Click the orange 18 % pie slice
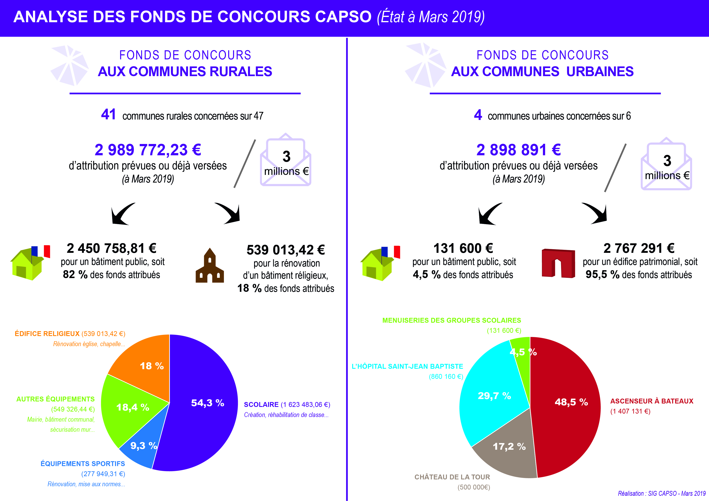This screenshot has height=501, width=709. point(145,364)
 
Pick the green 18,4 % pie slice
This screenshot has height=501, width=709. point(130,407)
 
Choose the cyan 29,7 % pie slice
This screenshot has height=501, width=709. point(491,395)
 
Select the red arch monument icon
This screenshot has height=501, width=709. point(558,263)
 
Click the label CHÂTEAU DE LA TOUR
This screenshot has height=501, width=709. point(452,477)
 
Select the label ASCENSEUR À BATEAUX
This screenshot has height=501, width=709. point(652,401)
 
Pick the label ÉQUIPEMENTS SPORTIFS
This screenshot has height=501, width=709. point(83,464)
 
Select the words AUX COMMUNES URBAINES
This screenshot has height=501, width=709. point(542,71)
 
